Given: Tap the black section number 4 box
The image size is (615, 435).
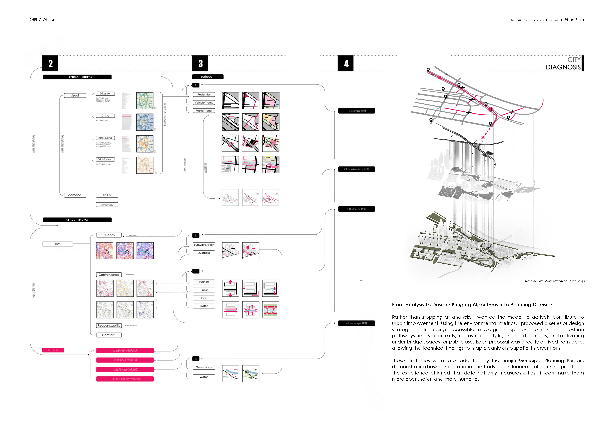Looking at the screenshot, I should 345,63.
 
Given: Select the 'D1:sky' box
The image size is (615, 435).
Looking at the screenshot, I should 105,116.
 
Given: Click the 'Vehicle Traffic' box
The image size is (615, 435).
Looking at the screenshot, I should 204,103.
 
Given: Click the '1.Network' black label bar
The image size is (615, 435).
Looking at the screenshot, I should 357,111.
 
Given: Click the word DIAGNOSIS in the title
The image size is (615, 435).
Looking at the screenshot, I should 563,67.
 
